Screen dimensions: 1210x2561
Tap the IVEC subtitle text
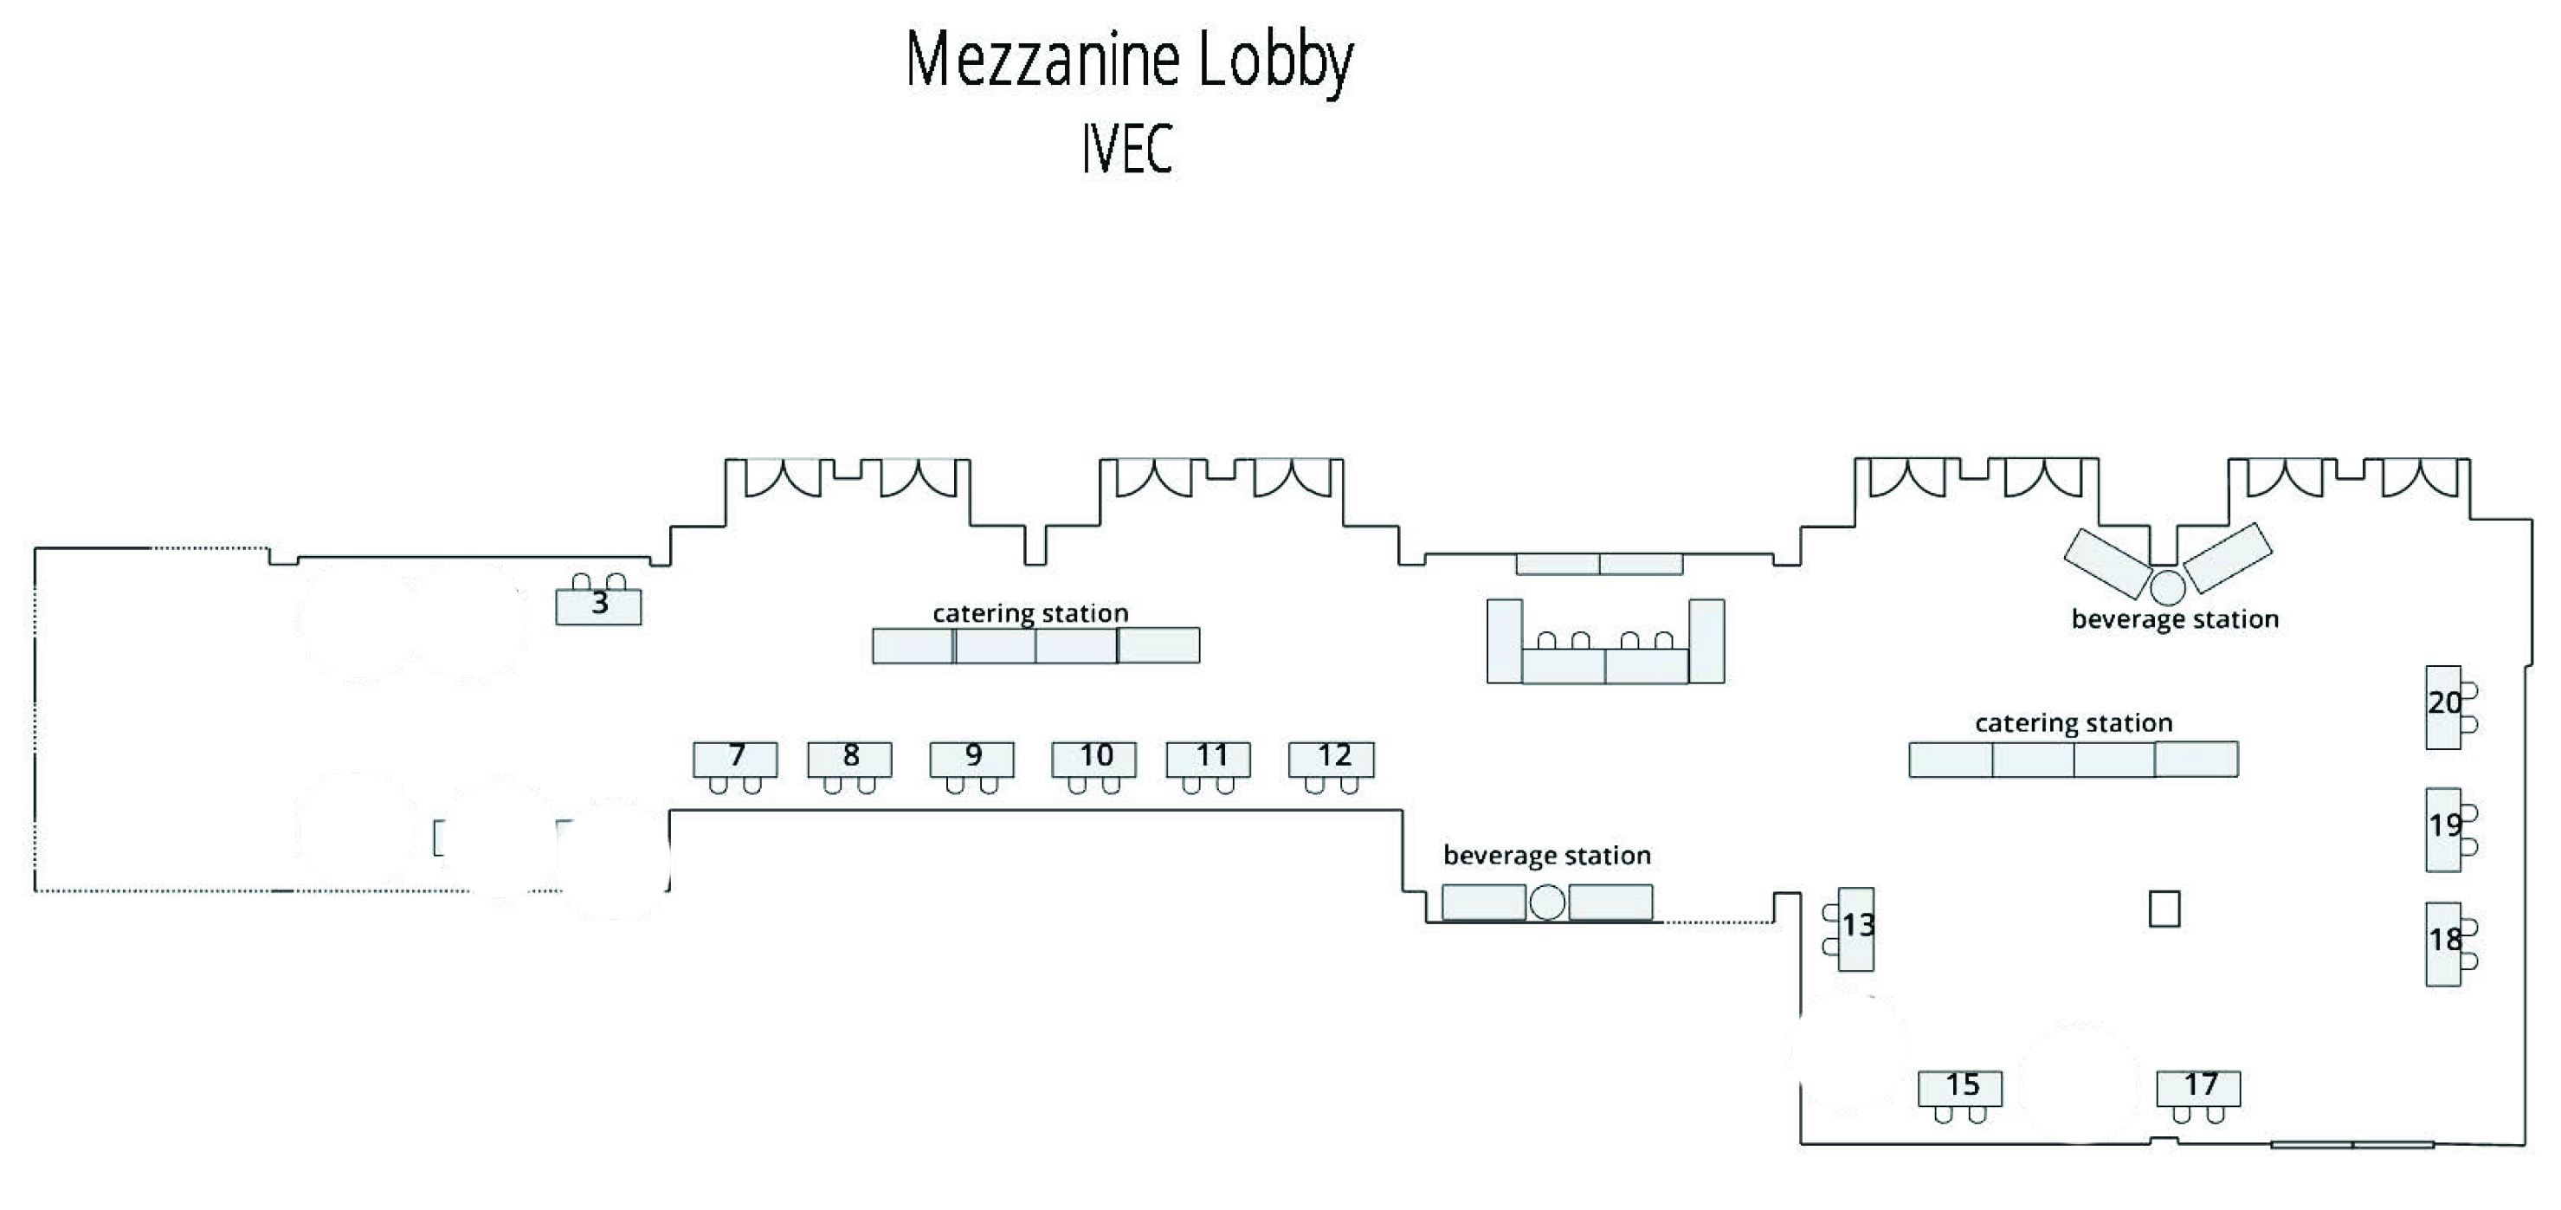[1127, 149]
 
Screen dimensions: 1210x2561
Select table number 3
[598, 605]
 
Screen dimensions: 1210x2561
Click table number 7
[736, 759]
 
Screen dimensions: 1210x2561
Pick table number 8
[850, 759]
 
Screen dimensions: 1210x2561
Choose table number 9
[972, 759]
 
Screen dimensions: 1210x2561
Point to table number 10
[1094, 759]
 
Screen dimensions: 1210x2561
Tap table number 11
[1209, 759]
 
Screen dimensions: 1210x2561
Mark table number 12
[1332, 759]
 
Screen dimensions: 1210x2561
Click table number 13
[1856, 928]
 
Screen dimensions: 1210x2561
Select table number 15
[1960, 1087]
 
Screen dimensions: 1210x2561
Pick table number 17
[2199, 1087]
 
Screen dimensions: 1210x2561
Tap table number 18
[2444, 942]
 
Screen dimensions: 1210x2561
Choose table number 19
[2444, 828]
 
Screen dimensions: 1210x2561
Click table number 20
[2444, 706]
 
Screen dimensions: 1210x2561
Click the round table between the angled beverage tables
[2168, 586]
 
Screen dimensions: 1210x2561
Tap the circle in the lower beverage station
[1547, 902]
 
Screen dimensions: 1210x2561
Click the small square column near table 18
[2164, 909]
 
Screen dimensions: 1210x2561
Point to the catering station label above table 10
[1030, 613]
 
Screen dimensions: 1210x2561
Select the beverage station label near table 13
[1547, 855]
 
